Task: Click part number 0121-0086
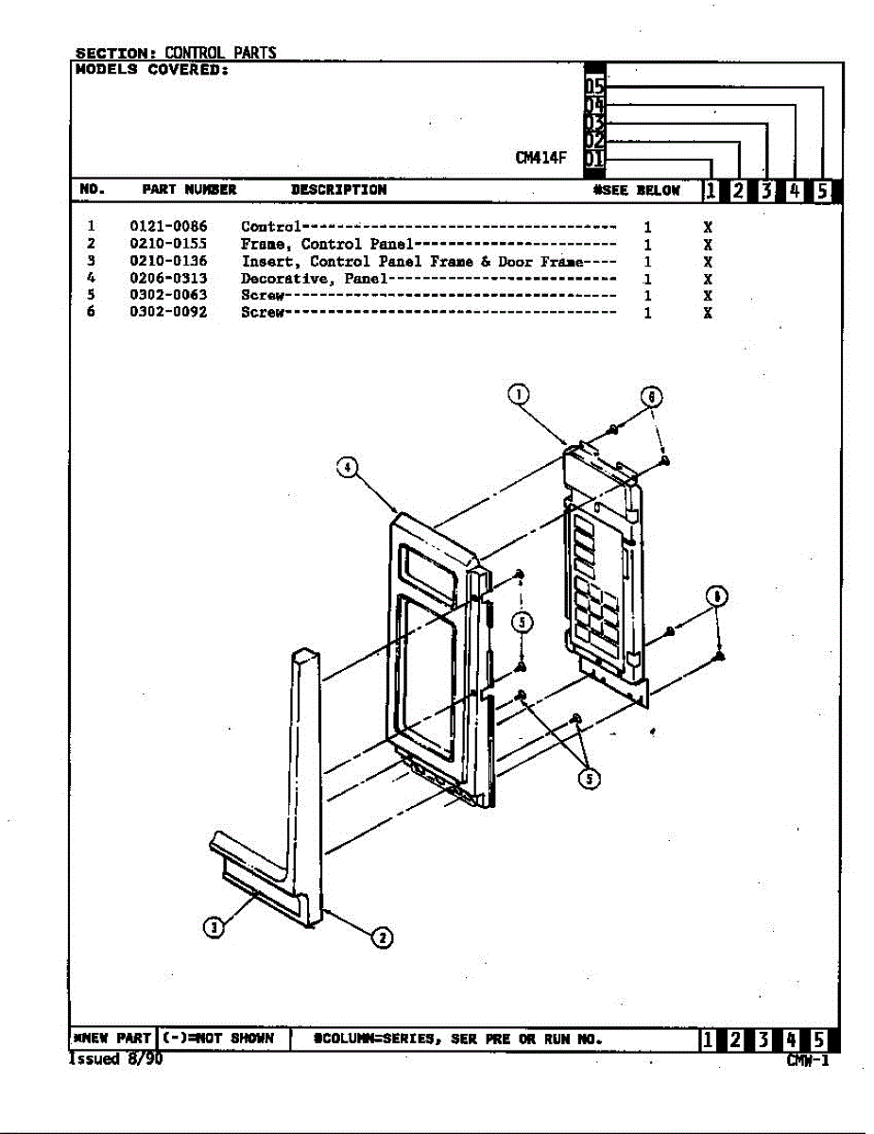point(168,227)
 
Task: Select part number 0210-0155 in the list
point(168,244)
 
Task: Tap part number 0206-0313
point(168,279)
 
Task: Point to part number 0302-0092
point(168,312)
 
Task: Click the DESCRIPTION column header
point(338,190)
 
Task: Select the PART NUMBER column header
point(189,190)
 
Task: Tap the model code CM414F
point(540,158)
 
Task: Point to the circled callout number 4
point(348,467)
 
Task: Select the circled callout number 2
point(382,937)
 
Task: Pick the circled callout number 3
point(214,927)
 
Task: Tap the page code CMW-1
point(808,1060)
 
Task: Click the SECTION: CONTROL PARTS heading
point(176,53)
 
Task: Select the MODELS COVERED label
point(151,70)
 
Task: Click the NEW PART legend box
point(111,1039)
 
